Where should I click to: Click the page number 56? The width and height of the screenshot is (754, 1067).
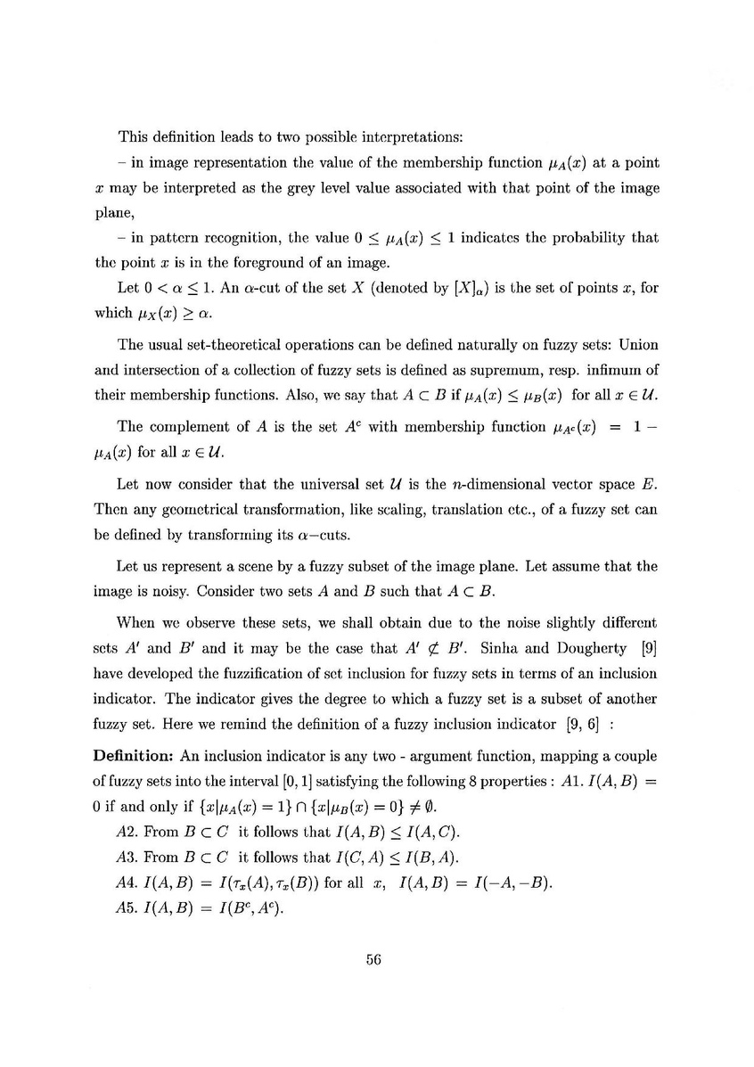[373, 959]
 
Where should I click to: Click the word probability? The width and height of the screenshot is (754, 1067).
[575, 240]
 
